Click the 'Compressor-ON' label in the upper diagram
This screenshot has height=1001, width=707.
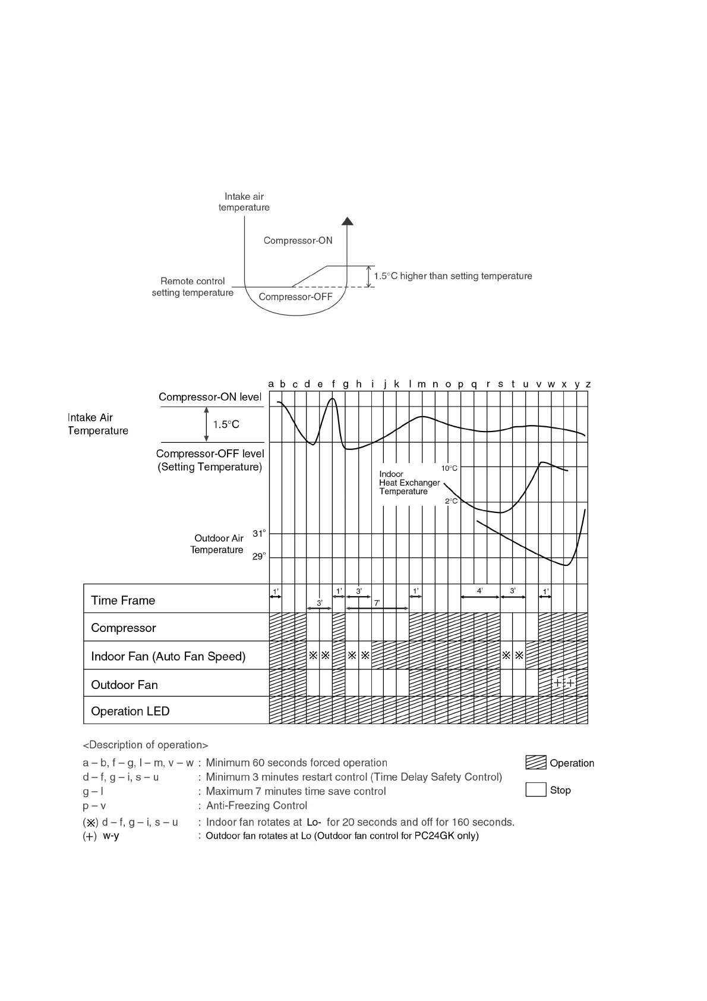pos(298,241)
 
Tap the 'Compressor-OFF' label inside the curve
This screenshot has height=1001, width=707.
pos(295,297)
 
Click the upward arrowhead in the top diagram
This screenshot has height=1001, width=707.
pos(348,221)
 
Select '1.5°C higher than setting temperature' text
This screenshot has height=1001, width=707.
pos(453,276)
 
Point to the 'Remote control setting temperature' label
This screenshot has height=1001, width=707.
pos(192,287)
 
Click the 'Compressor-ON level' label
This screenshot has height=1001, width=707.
pos(210,397)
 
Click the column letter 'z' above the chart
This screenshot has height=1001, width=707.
pos(588,384)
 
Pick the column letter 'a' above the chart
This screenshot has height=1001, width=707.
pos(271,384)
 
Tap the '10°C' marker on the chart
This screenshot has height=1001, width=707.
pos(449,468)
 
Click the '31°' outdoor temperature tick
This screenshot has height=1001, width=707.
pos(259,533)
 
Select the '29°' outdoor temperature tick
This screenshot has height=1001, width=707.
pos(259,556)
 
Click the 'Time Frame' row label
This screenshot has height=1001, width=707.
pos(123,600)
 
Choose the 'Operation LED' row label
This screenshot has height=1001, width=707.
pos(130,711)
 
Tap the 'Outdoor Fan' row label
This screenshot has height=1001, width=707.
pos(124,685)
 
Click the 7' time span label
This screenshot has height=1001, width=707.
pos(377,603)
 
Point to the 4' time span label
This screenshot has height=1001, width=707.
pos(480,591)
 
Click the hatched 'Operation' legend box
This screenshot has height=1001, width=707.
pos(536,763)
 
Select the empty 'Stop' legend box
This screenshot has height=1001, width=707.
pos(536,789)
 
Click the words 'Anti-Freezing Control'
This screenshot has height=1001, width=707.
pos(257,805)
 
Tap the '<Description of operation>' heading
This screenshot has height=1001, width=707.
pos(146,745)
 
